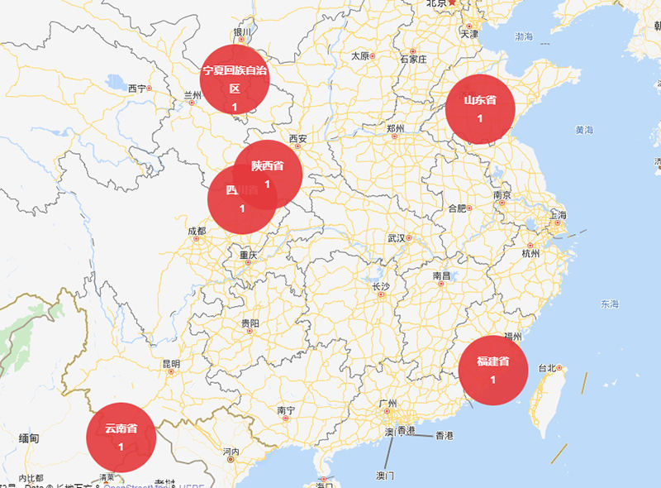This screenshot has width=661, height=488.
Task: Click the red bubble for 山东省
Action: pos(480,108)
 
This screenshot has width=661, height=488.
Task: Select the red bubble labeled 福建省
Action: pos(492,371)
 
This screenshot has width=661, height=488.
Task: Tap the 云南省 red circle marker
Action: pos(121,437)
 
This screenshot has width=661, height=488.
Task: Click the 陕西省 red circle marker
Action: pos(268,173)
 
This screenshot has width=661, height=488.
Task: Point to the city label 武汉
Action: pos(397,238)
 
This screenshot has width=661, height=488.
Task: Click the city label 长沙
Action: pos(380,286)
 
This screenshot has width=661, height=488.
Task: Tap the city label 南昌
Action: pos(441,275)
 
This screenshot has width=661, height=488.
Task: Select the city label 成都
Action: pos(197,231)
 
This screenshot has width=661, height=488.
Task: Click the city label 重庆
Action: pos(249,255)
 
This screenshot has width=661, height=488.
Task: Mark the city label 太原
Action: pos(360,56)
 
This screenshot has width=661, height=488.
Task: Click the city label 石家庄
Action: pos(413,60)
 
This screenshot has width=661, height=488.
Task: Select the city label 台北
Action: pos(548,368)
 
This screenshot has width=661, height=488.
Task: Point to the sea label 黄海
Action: pos(585,130)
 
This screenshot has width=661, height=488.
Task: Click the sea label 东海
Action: pos(610,304)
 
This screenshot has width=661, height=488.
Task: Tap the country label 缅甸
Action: pos(29,438)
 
